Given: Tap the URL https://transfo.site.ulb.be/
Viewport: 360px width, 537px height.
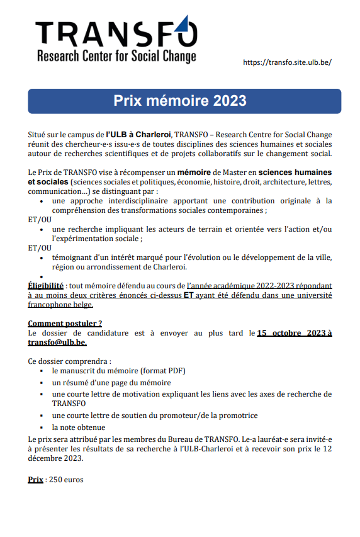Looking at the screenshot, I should [286, 62].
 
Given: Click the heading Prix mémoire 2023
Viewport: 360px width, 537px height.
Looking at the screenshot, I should [180, 101].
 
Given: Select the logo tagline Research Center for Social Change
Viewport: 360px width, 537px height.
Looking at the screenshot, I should [116, 57].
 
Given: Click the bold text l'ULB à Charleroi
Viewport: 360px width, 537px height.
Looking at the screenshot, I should [138, 135].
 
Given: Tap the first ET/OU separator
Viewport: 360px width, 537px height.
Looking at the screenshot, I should [40, 220].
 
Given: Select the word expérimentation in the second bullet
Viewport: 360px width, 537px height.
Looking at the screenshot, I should [94, 239].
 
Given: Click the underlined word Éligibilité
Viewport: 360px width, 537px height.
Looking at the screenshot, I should [45, 286].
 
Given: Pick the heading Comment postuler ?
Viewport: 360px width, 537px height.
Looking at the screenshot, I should [65, 324].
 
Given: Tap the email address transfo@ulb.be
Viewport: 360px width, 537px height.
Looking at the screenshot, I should [57, 342].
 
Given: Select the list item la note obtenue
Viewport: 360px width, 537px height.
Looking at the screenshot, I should [78, 427].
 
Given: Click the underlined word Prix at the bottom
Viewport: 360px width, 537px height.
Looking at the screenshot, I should [35, 480].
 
